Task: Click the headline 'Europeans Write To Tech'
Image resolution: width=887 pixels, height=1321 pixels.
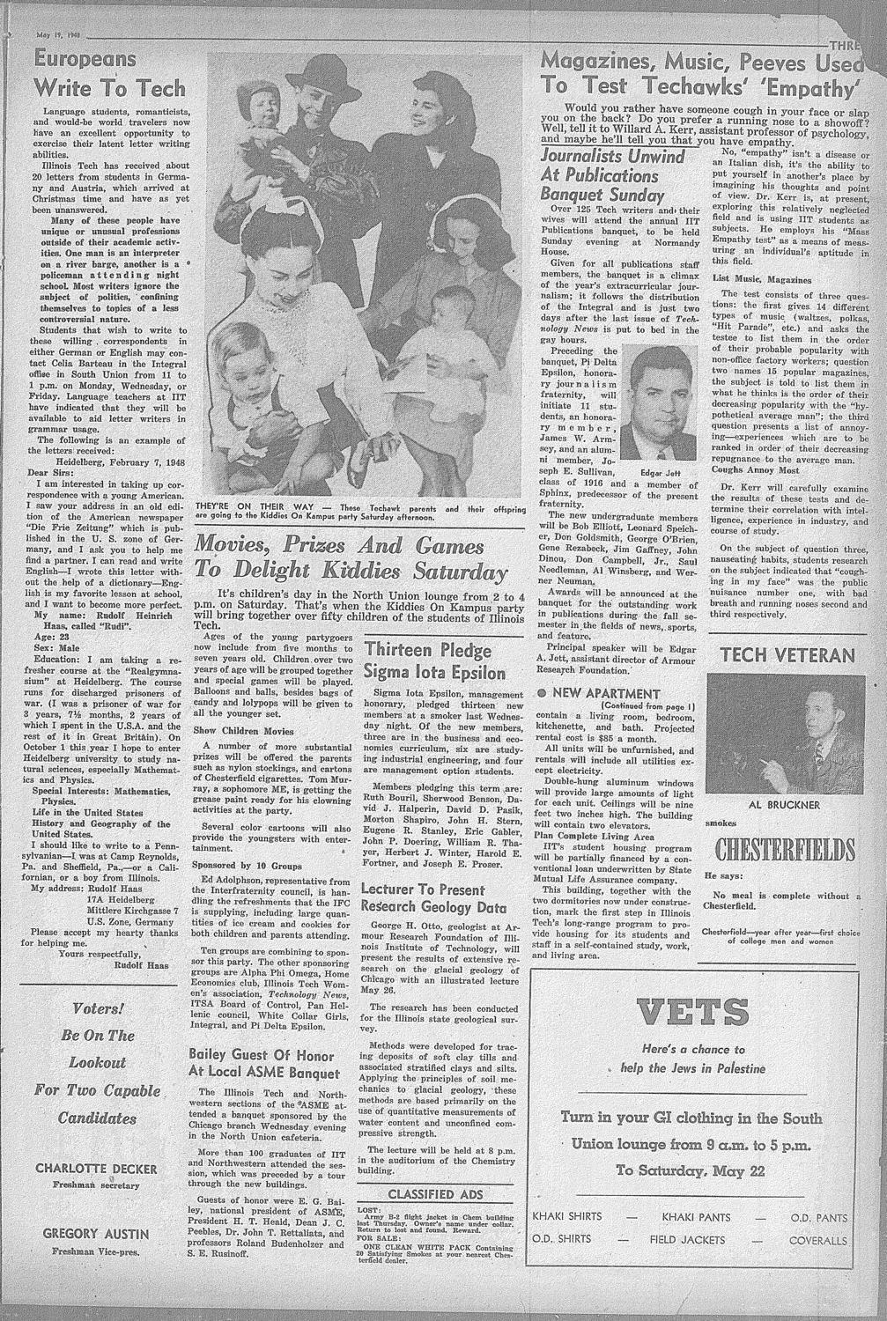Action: click(x=109, y=74)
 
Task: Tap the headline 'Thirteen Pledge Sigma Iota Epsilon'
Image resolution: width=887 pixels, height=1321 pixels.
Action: click(x=435, y=661)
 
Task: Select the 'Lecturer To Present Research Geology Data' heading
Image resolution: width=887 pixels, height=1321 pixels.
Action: click(x=433, y=897)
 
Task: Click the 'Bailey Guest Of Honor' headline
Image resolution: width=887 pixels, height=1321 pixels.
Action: click(x=262, y=1063)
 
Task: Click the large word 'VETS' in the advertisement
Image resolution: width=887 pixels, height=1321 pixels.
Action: click(x=693, y=1012)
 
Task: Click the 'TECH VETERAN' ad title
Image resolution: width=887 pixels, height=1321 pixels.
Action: click(x=787, y=654)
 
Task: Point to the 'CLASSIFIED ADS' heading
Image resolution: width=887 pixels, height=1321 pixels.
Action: click(x=435, y=1194)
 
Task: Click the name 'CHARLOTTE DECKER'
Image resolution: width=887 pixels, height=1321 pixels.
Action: click(x=96, y=1169)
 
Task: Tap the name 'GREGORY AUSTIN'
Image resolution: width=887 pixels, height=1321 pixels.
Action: click(x=96, y=1234)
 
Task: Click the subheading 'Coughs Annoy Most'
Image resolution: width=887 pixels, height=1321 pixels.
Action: click(x=756, y=469)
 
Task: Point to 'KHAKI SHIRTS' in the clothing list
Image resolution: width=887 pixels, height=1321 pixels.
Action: click(x=567, y=1217)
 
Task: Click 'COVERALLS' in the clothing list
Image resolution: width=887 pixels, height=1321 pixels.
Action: click(x=818, y=1240)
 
